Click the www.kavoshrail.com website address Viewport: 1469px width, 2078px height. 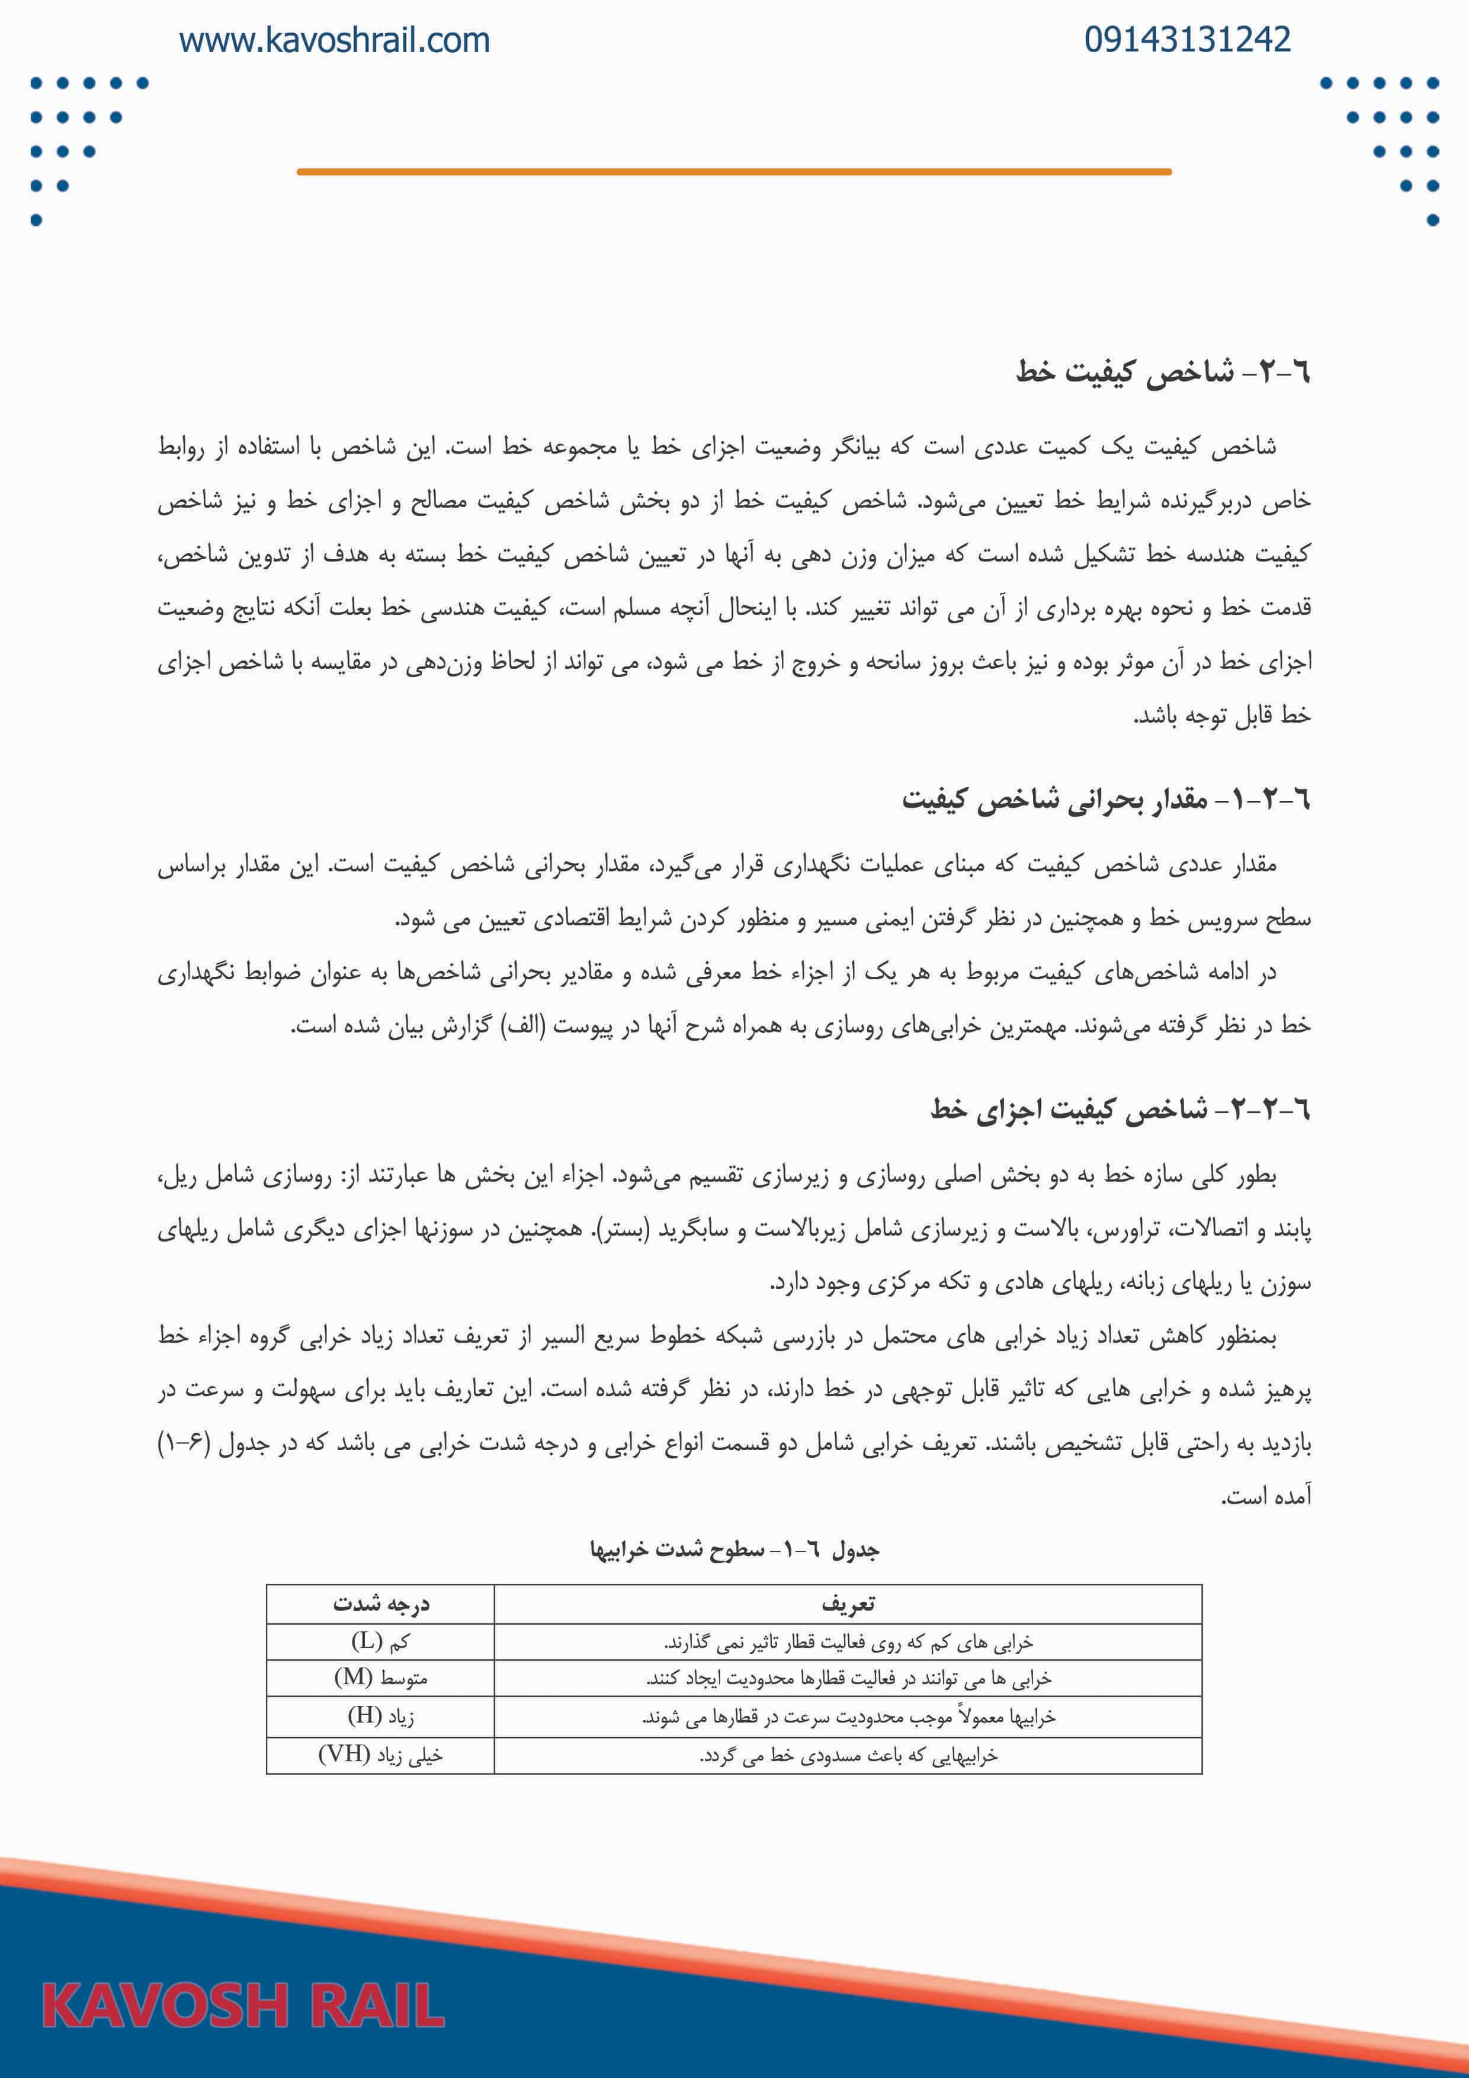tap(334, 41)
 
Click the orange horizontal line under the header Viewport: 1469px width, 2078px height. tap(734, 171)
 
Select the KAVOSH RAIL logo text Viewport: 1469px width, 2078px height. tap(243, 2005)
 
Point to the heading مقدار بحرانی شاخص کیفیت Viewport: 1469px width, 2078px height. tap(1105, 799)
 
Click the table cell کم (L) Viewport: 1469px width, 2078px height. tap(380, 1641)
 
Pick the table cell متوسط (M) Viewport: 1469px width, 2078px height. tap(380, 1678)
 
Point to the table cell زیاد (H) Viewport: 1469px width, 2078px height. tap(380, 1716)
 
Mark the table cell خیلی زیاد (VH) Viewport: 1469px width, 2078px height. tap(380, 1755)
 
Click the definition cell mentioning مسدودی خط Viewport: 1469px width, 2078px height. tap(848, 1756)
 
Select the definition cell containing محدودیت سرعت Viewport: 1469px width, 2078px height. tap(848, 1717)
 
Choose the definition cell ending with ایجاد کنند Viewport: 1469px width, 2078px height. tap(848, 1679)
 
